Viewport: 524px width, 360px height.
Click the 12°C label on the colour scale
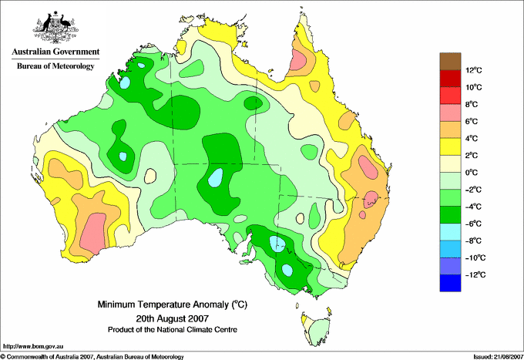474,70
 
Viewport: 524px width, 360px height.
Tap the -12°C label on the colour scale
475,274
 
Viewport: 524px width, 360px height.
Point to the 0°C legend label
472,173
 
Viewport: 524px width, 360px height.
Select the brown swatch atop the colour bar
450,61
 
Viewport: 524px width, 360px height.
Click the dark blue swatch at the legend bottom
450,283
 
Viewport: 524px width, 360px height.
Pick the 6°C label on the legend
472,121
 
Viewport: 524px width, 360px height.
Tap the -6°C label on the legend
473,224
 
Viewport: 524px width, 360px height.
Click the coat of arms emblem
55,27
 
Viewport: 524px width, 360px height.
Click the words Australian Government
55,52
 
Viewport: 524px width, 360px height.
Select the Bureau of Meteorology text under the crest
55,66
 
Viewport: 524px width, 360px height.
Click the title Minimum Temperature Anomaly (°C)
173,304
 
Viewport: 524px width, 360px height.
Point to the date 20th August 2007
173,318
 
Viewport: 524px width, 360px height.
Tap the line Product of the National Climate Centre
173,330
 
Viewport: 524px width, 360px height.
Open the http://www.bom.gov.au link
33,347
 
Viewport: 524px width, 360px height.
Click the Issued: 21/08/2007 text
499,357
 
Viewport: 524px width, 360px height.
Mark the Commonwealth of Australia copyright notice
92,357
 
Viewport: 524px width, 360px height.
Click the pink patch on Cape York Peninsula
297,59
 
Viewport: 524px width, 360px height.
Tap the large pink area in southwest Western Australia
93,234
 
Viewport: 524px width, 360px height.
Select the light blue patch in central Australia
216,177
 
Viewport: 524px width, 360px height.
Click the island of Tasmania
317,329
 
